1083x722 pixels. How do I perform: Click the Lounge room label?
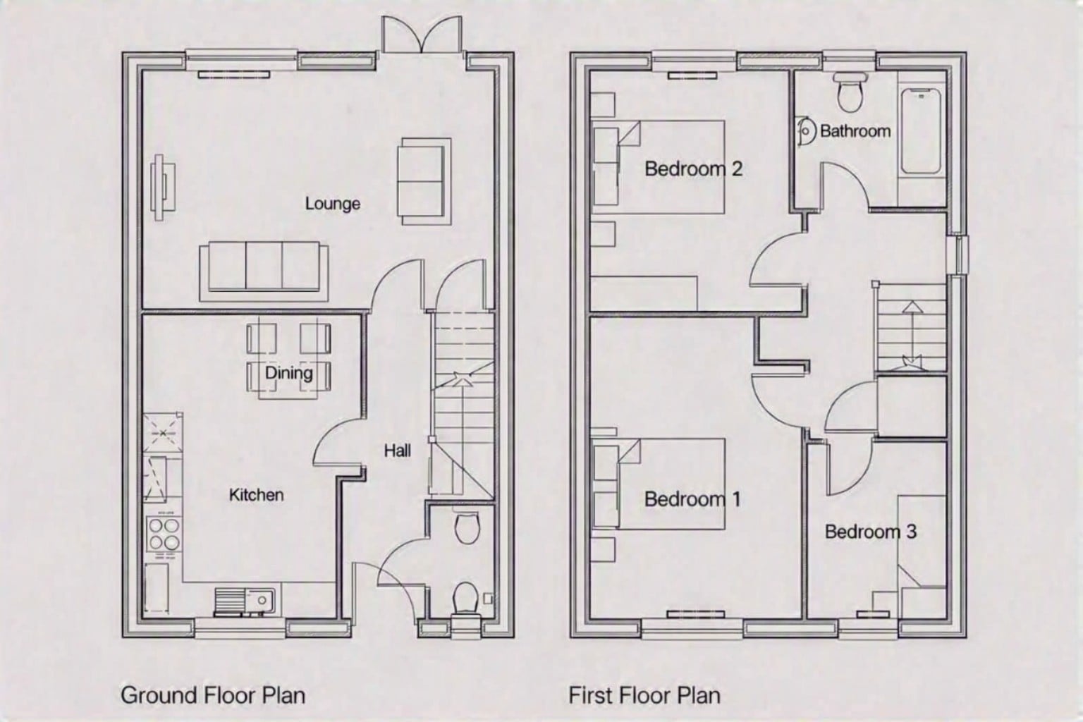(333, 204)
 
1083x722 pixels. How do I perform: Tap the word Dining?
(288, 373)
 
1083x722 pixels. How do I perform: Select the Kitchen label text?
(256, 495)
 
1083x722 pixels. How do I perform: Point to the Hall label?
(398, 451)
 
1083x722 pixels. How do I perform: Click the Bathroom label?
(855, 130)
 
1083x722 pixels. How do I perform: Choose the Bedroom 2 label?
(693, 169)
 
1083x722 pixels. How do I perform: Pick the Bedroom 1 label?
(692, 499)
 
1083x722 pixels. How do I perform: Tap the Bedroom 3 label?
(871, 532)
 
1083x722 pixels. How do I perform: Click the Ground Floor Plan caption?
(213, 695)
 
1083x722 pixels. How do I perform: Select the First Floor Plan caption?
(644, 695)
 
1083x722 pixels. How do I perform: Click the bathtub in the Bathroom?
(921, 131)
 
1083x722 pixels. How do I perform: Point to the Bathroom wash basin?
(804, 130)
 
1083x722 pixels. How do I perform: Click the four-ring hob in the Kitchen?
(164, 534)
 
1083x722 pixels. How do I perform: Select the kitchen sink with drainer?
(245, 601)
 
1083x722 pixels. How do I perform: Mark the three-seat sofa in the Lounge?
(264, 271)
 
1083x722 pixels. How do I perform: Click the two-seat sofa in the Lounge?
(424, 181)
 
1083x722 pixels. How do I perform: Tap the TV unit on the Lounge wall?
(162, 187)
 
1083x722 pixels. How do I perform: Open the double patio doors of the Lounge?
(421, 34)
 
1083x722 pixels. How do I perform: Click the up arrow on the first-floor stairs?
(913, 331)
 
